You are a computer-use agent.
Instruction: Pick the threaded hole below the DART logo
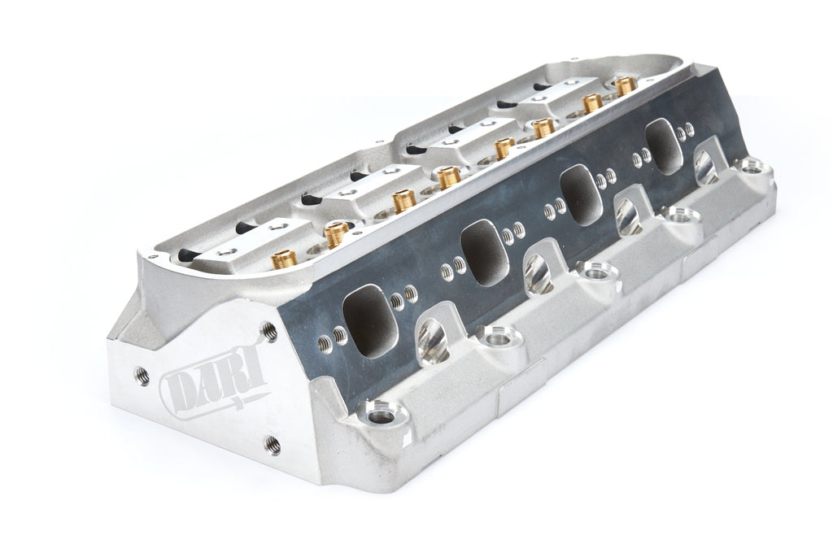(x=273, y=445)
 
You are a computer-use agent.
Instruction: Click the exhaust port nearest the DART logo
(x=371, y=320)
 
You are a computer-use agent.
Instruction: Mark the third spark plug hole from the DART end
(x=627, y=215)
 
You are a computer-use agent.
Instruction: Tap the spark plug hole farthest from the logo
(x=704, y=167)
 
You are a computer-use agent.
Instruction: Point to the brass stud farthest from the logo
(x=624, y=86)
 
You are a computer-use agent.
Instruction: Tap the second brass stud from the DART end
(x=336, y=235)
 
